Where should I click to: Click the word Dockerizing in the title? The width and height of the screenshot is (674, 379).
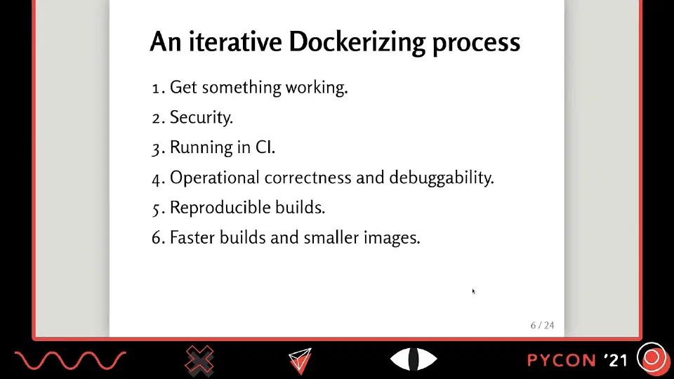[x=357, y=43]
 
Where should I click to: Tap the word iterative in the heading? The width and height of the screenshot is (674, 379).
[x=235, y=41]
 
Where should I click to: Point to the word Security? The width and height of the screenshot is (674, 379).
[x=201, y=117]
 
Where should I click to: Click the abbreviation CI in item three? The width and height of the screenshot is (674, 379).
[x=265, y=147]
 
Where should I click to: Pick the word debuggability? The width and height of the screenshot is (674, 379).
[x=442, y=178]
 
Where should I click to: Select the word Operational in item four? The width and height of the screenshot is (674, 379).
[x=215, y=178]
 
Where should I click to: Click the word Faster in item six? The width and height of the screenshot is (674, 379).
[x=192, y=238]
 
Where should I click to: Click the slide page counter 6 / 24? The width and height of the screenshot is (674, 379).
[x=542, y=325]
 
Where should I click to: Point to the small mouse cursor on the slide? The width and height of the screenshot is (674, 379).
[x=473, y=291]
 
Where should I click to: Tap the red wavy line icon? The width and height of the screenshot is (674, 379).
[x=70, y=361]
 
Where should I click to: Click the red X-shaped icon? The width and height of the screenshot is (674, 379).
[x=199, y=359]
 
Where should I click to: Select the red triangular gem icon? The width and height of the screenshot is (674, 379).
[x=300, y=361]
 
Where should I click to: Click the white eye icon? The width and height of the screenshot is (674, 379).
[x=414, y=359]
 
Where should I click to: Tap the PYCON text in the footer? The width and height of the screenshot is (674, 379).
[x=562, y=360]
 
